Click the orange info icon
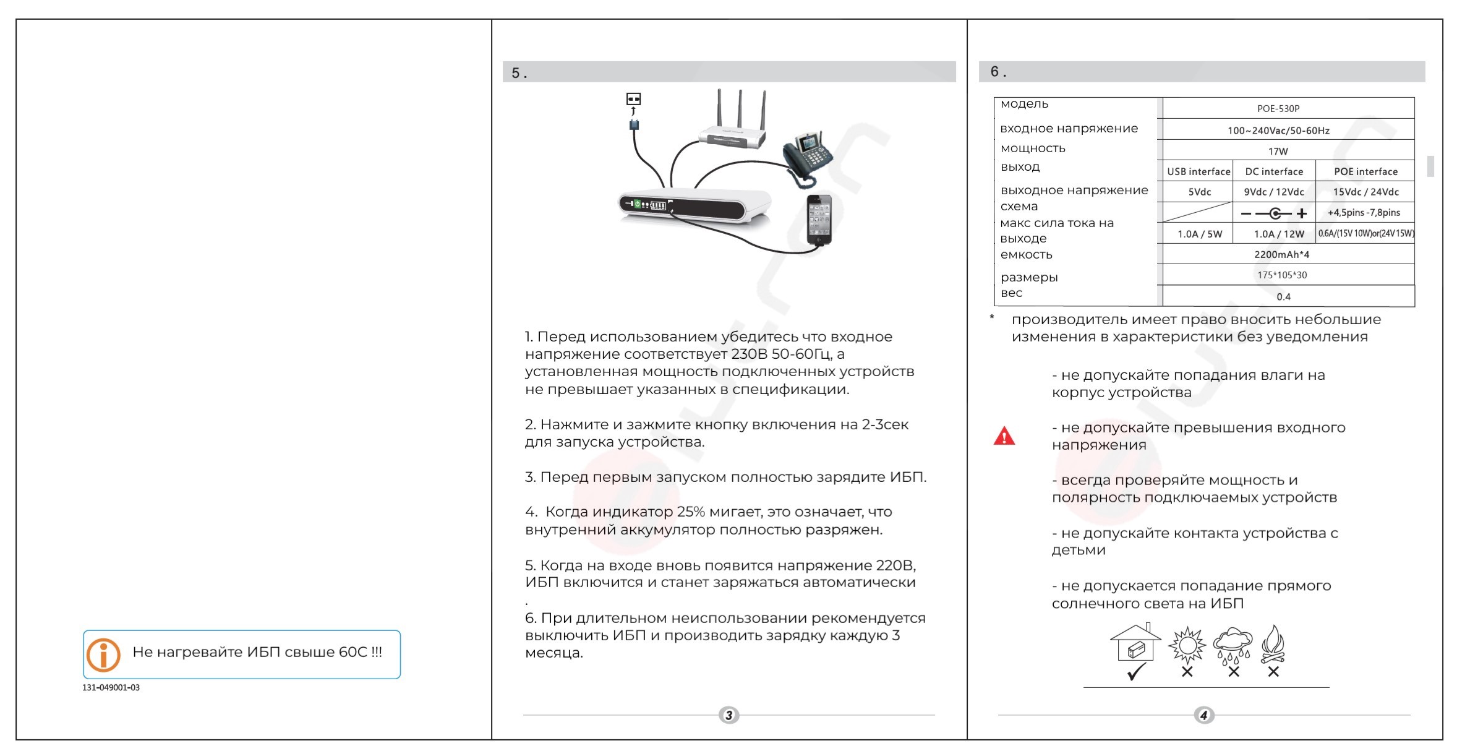[103, 654]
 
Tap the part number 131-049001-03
[111, 687]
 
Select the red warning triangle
[1004, 436]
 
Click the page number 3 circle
[729, 715]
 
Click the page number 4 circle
[1203, 715]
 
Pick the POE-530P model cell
[1278, 108]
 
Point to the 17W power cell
[1278, 151]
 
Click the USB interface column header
[1198, 171]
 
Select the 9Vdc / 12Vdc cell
[1274, 192]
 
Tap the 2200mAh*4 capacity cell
[1281, 254]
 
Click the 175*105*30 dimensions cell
[1281, 275]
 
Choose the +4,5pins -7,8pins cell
[1364, 212]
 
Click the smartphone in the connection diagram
[819, 220]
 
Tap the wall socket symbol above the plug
[633, 99]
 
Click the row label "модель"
[1024, 104]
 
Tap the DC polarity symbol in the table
[1275, 213]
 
